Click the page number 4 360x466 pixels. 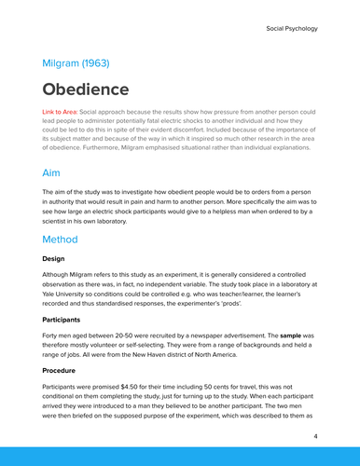[316, 435]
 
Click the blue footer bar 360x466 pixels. [180, 456]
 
